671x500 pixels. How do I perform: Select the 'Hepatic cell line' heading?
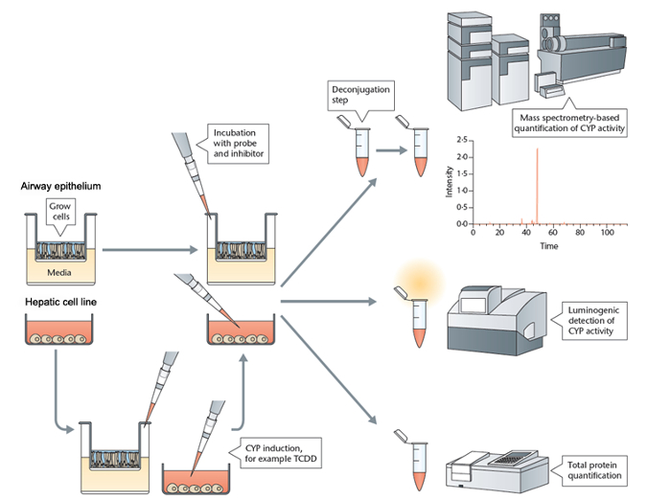[x=58, y=304]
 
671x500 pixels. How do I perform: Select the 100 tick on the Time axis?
[x=608, y=232]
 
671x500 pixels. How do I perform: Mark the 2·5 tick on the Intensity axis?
[x=461, y=140]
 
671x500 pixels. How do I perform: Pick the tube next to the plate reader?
[x=416, y=462]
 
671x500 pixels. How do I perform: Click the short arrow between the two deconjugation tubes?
[x=388, y=150]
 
